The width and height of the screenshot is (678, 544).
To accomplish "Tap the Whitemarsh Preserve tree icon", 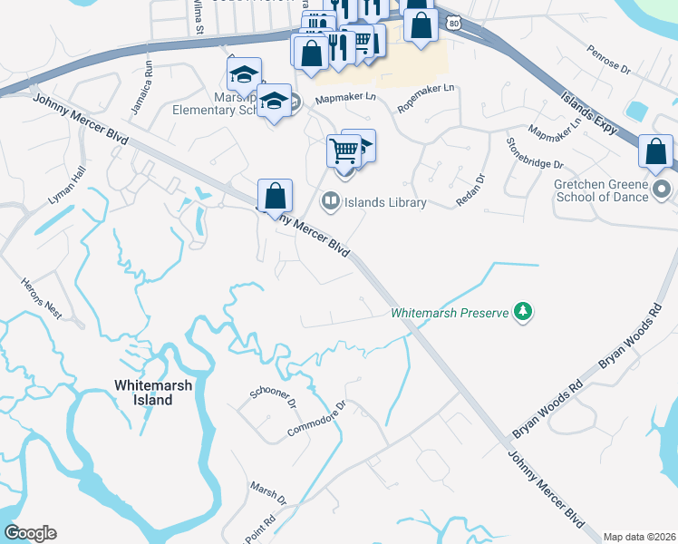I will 522,313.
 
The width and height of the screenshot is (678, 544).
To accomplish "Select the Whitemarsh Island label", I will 143,392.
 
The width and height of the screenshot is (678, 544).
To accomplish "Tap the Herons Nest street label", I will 40,298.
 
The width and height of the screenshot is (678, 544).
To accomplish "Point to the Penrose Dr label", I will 608,61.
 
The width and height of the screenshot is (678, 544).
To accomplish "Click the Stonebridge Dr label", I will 535,153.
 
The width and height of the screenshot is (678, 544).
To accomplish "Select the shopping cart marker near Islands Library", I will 344,150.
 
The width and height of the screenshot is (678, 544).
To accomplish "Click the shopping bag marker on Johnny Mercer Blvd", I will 275,196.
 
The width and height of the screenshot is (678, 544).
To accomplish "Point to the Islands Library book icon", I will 331,201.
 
